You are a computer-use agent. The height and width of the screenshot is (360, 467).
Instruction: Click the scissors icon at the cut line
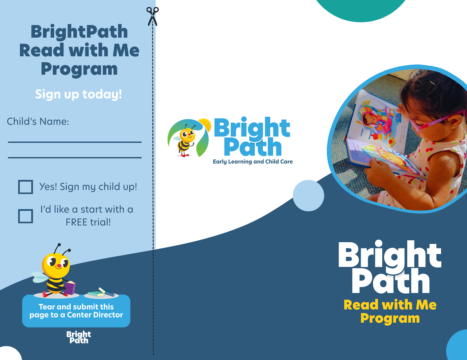pos(153,16)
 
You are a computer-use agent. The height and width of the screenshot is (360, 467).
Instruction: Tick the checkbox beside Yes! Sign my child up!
pos(26,187)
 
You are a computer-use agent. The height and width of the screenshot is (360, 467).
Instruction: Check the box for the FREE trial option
pos(26,216)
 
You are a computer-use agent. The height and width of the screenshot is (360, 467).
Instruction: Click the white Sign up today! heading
pos(78,95)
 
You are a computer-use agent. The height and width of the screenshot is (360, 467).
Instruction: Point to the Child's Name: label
pos(38,122)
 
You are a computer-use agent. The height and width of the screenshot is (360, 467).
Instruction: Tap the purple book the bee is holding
pos(70,288)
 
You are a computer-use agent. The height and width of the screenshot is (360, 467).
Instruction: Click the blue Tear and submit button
pos(76,311)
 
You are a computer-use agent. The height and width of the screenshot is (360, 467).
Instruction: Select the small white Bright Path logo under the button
pos(79,337)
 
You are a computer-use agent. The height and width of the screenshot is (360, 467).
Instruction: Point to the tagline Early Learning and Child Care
pos(253,161)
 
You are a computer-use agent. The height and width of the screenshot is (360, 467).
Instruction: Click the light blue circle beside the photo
pos(308,195)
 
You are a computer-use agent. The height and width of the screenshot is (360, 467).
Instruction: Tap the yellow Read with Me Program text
pos(390,311)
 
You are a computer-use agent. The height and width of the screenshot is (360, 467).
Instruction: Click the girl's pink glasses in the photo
pos(436,121)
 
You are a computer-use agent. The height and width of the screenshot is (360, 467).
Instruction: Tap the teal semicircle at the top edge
pos(361,10)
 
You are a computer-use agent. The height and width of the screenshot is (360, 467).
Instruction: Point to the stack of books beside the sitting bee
pos(101,292)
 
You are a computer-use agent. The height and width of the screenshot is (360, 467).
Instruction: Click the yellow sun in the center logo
pos(205,125)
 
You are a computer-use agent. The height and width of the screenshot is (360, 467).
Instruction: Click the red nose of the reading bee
pos(59,266)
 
